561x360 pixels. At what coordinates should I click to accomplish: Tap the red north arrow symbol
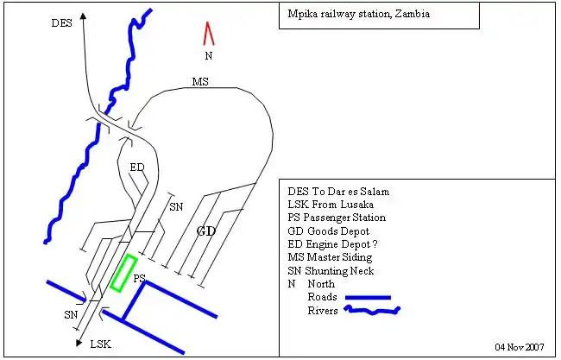(x=208, y=34)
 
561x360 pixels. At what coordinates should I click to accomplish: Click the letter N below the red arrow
(x=208, y=55)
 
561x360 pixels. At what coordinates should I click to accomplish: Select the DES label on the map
(x=61, y=23)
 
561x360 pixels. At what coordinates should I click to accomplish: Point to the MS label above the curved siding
(x=200, y=82)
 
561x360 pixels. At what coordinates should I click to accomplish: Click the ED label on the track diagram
(x=137, y=167)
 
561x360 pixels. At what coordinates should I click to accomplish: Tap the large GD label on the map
(x=205, y=231)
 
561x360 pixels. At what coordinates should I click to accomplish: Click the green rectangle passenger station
(x=124, y=273)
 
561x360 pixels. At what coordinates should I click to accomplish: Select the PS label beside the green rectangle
(x=138, y=278)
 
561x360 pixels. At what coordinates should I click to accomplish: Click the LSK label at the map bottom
(x=100, y=344)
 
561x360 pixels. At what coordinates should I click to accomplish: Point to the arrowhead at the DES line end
(x=83, y=16)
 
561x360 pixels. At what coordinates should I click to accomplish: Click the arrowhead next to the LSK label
(x=79, y=343)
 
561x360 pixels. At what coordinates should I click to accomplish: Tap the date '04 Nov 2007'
(x=520, y=346)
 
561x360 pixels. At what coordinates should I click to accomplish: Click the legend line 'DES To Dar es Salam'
(x=338, y=191)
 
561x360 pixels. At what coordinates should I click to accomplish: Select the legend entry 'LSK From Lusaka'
(x=331, y=205)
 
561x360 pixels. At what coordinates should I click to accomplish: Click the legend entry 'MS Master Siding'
(x=331, y=256)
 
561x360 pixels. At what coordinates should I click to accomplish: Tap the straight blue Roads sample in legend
(x=368, y=297)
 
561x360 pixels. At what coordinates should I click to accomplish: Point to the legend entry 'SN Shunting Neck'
(x=331, y=269)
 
